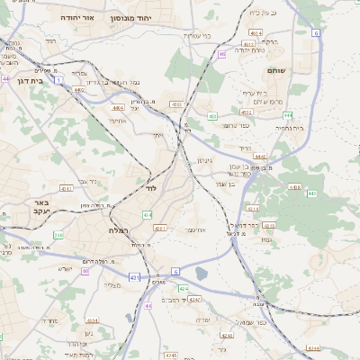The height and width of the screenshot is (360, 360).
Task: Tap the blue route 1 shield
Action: tap(59, 80)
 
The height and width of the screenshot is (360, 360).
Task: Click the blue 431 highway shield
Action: tap(135, 277)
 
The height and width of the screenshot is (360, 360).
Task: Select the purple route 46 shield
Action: tap(221, 54)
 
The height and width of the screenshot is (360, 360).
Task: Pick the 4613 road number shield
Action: tap(256, 32)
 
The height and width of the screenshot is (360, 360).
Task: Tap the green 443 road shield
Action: tap(311, 193)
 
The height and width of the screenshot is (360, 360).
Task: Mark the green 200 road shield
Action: tap(58, 235)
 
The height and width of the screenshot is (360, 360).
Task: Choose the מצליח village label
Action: tap(112, 285)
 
